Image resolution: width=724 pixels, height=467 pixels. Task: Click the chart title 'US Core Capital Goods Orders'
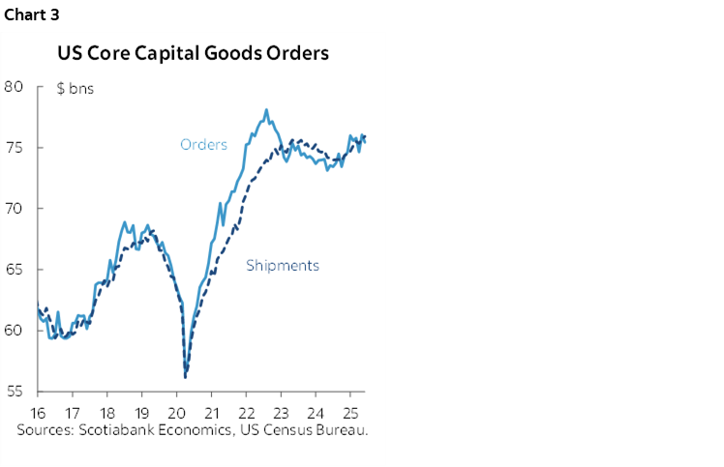pos(193,52)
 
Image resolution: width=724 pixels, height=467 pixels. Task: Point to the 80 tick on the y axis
pos(13,86)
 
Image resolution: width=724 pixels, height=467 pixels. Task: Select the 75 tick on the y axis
pos(13,147)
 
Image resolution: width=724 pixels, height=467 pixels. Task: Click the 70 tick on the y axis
pos(13,208)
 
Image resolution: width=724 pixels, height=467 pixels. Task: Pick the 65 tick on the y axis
pos(13,269)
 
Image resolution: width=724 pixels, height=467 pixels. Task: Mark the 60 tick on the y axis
pos(13,330)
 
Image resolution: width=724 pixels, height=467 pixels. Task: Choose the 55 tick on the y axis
pos(13,391)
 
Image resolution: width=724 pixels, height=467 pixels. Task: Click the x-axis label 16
pos(39,410)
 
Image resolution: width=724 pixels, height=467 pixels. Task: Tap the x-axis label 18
pos(107,410)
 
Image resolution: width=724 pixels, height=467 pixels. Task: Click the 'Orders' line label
pos(203,145)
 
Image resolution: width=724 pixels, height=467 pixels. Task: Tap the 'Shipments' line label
pos(283,265)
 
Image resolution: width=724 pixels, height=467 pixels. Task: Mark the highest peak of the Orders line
pos(266,110)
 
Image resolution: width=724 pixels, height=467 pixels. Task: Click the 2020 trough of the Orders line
pos(185,376)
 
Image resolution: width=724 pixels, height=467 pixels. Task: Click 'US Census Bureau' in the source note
pos(311,427)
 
